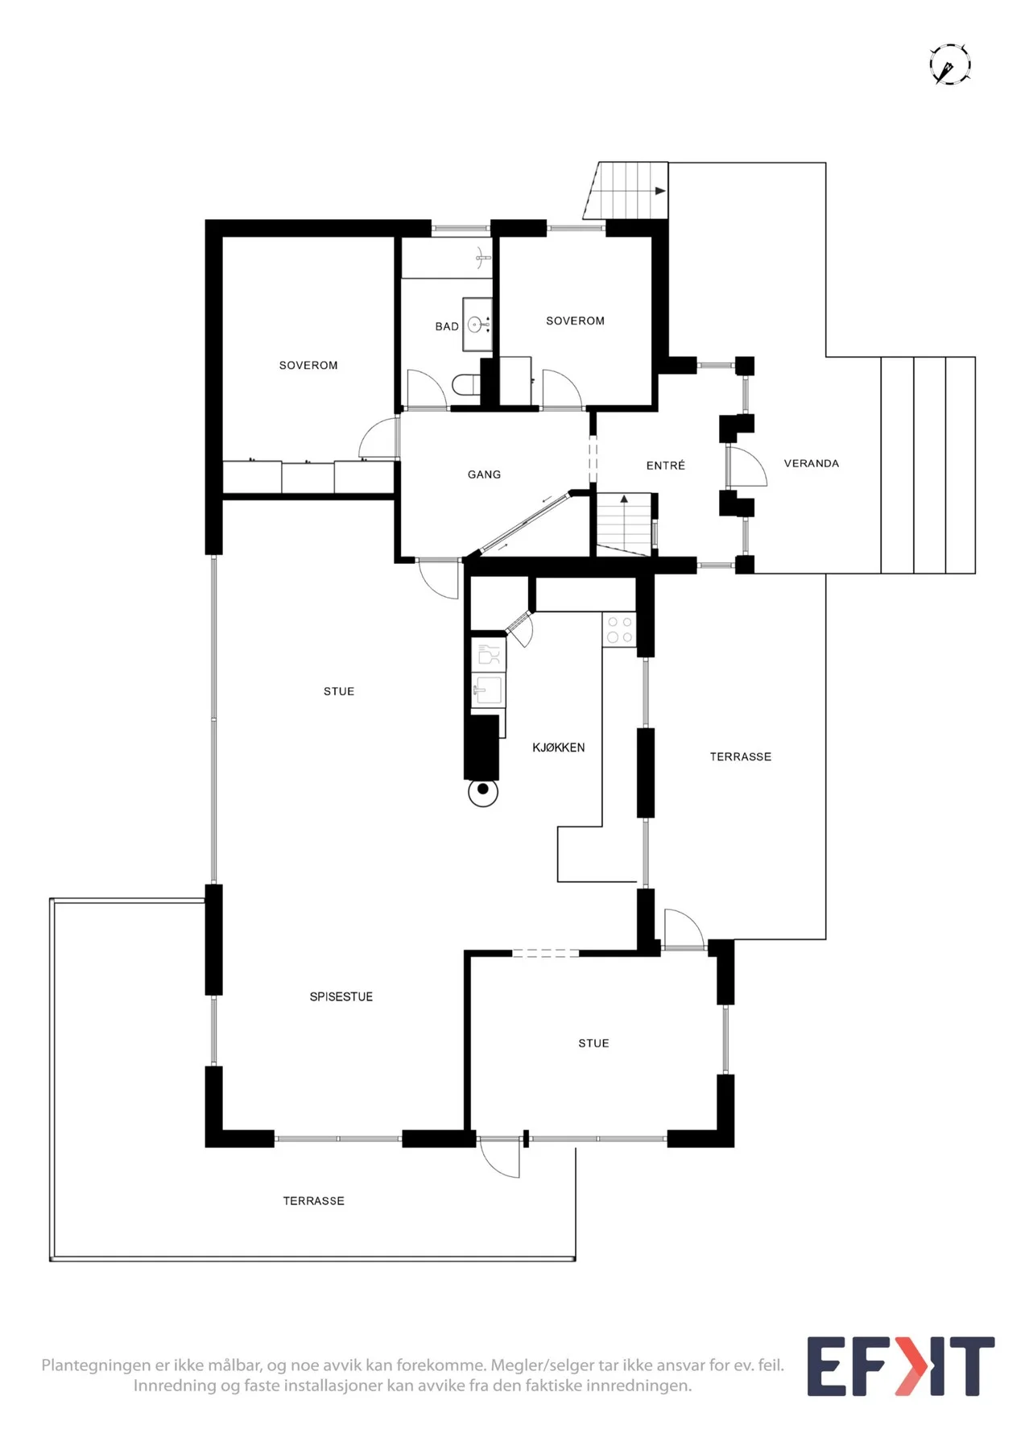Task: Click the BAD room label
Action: click(x=447, y=326)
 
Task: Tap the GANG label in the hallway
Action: click(x=484, y=474)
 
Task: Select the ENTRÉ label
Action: click(x=666, y=465)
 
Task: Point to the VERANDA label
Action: click(x=812, y=463)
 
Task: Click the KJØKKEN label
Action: click(x=559, y=748)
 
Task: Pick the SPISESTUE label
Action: click(x=341, y=996)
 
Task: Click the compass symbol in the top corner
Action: click(x=950, y=64)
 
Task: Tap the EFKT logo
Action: click(x=901, y=1366)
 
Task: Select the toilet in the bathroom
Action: click(x=465, y=384)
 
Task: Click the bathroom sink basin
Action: click(x=476, y=325)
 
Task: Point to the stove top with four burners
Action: click(x=619, y=630)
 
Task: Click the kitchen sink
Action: click(x=488, y=690)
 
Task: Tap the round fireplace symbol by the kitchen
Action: click(x=483, y=792)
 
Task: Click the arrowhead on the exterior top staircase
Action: click(x=660, y=191)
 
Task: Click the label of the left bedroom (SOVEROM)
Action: click(x=308, y=365)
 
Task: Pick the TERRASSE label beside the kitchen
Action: click(x=741, y=756)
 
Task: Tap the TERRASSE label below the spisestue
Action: click(x=314, y=1200)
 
